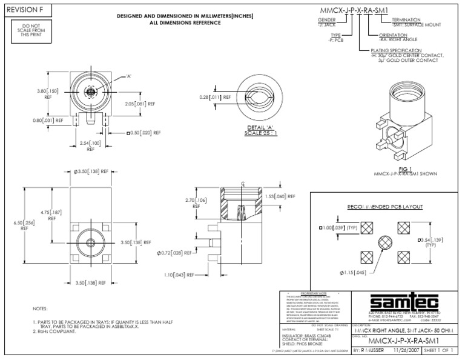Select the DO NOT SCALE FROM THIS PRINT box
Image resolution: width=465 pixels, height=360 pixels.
[x=25, y=31]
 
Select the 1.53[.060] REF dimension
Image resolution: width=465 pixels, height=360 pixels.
[x=281, y=196]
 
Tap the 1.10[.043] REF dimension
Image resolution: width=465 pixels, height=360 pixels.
[x=179, y=275]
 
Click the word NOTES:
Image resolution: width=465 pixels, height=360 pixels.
[x=40, y=309]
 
